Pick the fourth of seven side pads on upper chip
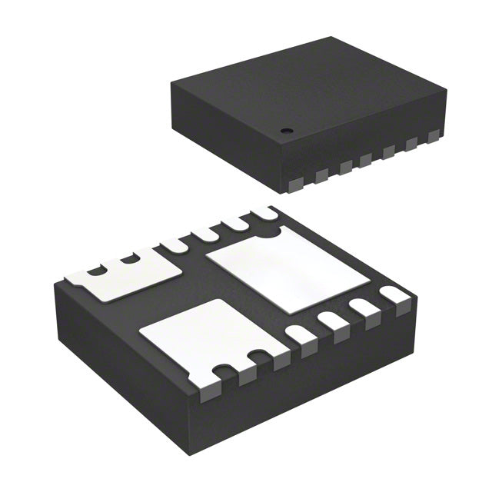(367, 160)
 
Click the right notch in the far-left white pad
(131, 258)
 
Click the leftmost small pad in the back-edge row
(175, 244)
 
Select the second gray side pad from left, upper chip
(321, 177)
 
